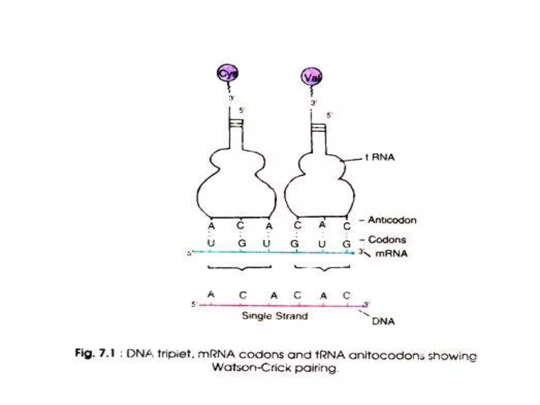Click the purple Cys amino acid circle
(x=228, y=74)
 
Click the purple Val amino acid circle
(x=312, y=77)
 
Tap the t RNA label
(x=380, y=157)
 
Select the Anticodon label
(x=392, y=220)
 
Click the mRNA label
(x=391, y=254)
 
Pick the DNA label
(x=383, y=321)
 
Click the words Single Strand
(x=275, y=316)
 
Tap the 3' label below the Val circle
(x=313, y=103)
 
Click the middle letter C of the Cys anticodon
(x=240, y=226)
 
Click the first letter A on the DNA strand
(x=211, y=295)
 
